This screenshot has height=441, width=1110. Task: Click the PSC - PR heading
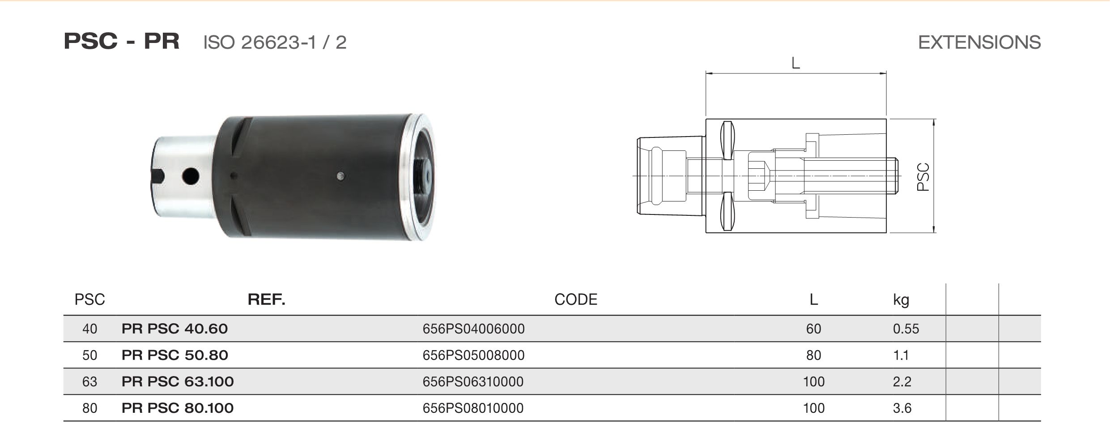pos(121,42)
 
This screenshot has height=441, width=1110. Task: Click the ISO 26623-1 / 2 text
pos(275,43)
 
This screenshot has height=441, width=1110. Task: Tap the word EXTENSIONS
pos(979,43)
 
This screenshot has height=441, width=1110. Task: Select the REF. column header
pos(267,299)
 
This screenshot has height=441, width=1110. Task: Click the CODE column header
pos(576,299)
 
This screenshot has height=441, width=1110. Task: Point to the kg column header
pos(901,300)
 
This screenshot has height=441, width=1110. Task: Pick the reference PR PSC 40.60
pos(174,329)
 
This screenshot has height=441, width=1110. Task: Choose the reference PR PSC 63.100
pos(178,381)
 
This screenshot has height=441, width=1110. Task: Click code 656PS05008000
pos(473,355)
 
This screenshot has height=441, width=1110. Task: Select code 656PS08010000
pos(473,408)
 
